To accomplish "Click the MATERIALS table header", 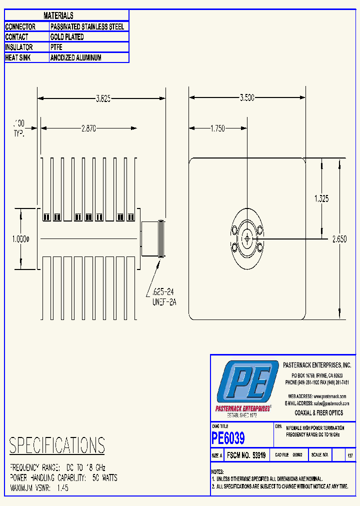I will pos(58,16).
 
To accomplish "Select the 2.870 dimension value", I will pos(88,128).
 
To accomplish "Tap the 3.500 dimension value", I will pos(246,98).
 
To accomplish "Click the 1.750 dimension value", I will pos(217,128).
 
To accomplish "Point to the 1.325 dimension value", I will pos(321,198).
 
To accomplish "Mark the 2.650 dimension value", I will pos(339,239).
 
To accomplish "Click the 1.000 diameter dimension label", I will pos(20,239).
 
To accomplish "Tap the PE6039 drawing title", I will pos(228,438).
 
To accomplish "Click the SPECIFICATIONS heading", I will pos(57,445).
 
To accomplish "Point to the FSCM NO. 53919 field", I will pos(247,455).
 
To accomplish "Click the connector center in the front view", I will pos(247,238).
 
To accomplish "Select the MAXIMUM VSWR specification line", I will pos(39,488).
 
